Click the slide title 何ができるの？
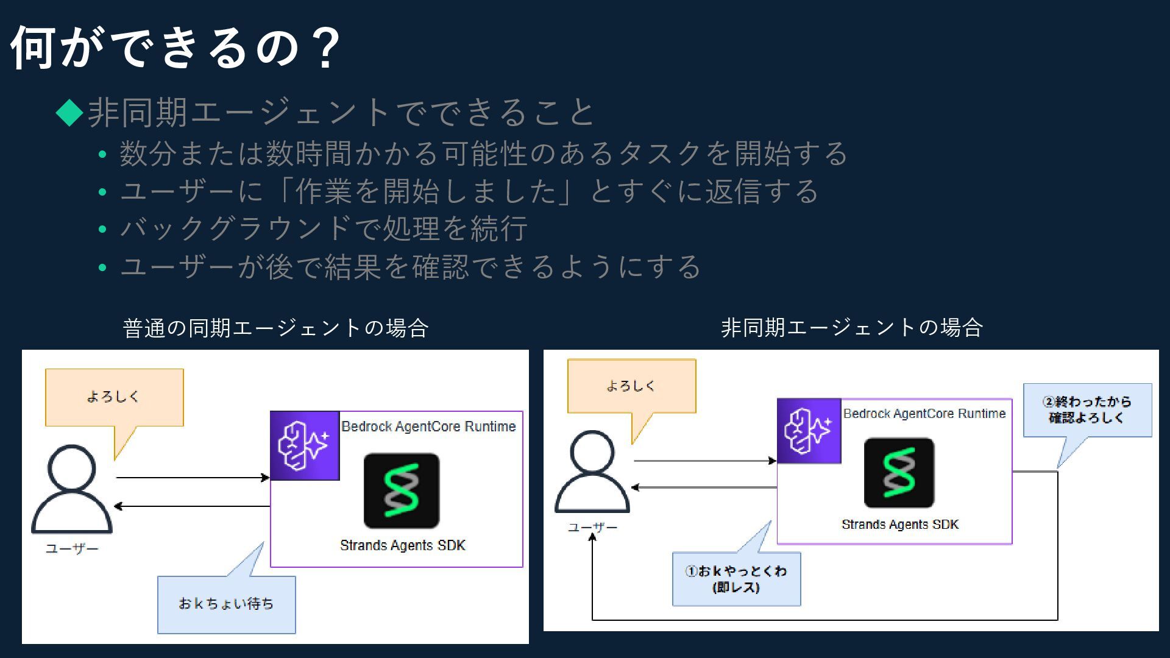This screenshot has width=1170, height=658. point(175,48)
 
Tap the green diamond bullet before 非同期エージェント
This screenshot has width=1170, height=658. point(69,112)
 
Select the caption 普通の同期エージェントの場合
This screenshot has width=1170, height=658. point(275,328)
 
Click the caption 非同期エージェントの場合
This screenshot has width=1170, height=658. point(851,328)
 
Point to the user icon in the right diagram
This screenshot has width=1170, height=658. point(592,472)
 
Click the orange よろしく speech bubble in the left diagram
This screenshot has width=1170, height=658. point(114,397)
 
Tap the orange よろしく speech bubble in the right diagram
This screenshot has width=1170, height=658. point(631,386)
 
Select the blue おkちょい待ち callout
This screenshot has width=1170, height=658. point(227,604)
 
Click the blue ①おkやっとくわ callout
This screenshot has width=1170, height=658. point(736,579)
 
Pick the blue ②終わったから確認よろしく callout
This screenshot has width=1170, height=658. point(1087,409)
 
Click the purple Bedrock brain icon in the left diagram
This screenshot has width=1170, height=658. point(305,445)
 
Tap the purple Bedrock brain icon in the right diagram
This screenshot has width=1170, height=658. point(809,431)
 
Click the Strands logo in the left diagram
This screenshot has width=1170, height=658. point(402,490)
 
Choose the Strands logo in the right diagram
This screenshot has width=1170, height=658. point(899,473)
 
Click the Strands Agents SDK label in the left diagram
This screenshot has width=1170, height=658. point(402,545)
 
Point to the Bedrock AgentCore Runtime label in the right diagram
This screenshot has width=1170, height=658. point(924,414)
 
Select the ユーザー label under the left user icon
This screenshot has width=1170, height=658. point(72,549)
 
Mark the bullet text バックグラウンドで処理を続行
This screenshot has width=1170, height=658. point(324,229)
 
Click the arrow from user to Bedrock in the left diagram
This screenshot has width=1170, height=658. point(193,478)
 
